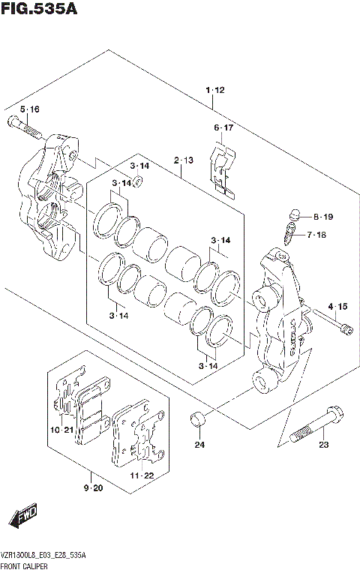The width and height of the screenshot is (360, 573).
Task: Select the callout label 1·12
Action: (x=214, y=91)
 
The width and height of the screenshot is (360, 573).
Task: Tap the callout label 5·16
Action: (x=29, y=109)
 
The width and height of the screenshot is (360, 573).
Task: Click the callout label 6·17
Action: (x=223, y=128)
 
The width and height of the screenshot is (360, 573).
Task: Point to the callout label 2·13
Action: (x=184, y=160)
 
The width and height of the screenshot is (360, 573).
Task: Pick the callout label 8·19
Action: (x=322, y=217)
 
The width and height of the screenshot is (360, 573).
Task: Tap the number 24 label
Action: (x=199, y=445)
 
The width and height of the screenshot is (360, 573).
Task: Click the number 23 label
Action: (x=323, y=445)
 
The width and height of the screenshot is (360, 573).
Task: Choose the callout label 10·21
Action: (x=63, y=430)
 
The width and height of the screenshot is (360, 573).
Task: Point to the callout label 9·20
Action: (x=93, y=489)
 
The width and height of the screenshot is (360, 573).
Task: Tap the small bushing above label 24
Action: (x=198, y=418)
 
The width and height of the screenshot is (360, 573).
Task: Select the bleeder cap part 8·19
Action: (x=295, y=214)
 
